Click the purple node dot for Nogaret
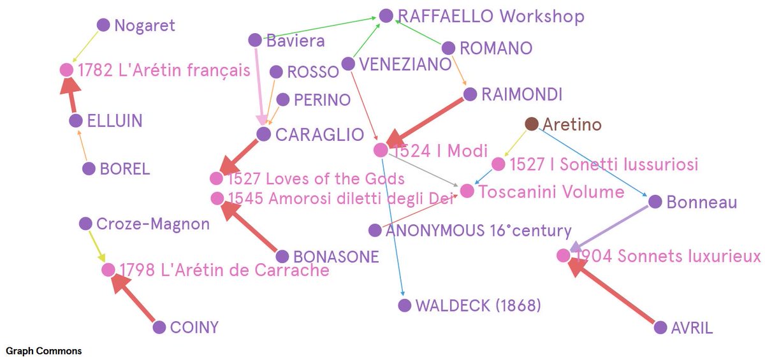(103, 25)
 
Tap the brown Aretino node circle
(532, 124)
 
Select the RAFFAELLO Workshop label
(490, 16)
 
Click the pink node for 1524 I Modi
(381, 150)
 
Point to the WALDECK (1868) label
(477, 306)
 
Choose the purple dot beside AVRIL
(660, 328)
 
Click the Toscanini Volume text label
(551, 191)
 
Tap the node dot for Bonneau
(655, 202)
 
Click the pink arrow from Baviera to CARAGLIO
(259, 83)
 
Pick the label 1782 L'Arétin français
(164, 70)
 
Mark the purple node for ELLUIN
(76, 120)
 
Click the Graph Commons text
(44, 351)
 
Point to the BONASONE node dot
(283, 257)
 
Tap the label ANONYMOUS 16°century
(479, 231)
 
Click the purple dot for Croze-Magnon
(85, 224)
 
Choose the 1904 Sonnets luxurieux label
(667, 256)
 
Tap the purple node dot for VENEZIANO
(348, 64)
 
